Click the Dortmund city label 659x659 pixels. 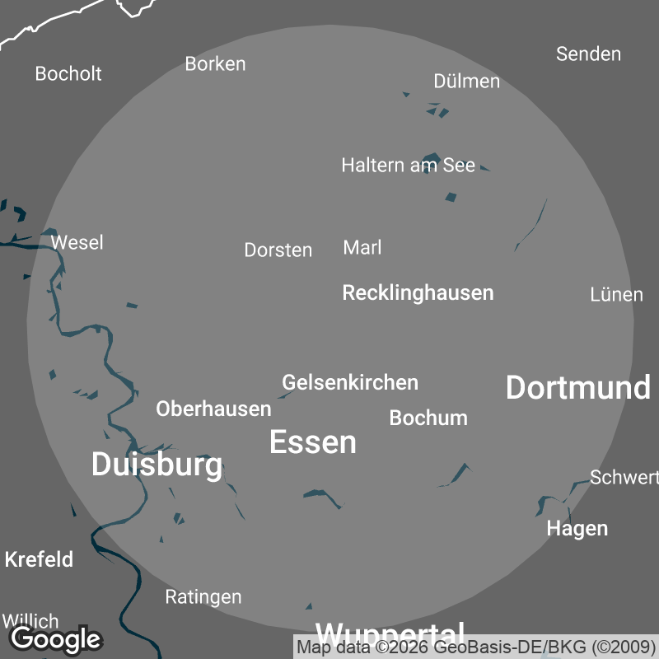(577, 387)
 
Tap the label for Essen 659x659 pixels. (313, 442)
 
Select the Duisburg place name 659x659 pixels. (157, 465)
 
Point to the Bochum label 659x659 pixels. (428, 418)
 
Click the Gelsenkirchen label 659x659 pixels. (350, 382)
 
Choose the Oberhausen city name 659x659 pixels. (213, 409)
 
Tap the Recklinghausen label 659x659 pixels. (418, 292)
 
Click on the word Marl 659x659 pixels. (362, 247)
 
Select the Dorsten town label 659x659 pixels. (278, 250)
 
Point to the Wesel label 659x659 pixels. (77, 242)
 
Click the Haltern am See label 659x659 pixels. (408, 165)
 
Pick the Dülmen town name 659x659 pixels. (466, 81)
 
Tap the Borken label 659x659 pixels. (215, 63)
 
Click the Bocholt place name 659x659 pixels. (68, 73)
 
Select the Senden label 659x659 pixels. (588, 54)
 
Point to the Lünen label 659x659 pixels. (616, 294)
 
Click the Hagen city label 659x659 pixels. (577, 528)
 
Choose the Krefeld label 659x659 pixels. (39, 559)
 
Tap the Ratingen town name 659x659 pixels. (203, 596)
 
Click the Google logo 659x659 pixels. (56, 638)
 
